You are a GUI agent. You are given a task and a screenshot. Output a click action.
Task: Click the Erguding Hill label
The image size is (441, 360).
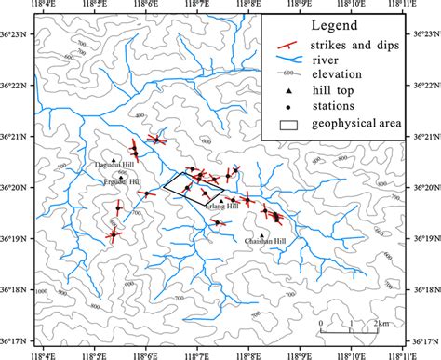click(121, 183)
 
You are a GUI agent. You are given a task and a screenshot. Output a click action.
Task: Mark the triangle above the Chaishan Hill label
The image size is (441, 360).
click(262, 234)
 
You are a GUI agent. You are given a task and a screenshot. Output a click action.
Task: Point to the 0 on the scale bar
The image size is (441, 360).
click(321, 323)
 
